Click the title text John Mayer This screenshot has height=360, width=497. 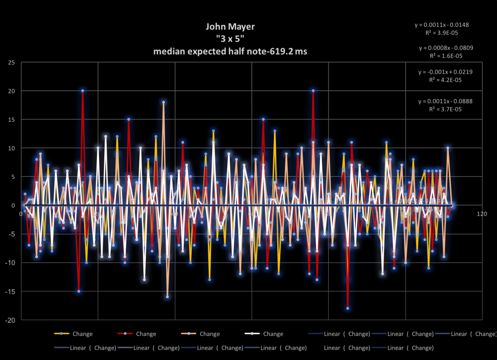coord(230,27)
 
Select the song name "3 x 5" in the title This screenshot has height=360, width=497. coord(230,39)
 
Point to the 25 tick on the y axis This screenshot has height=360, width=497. coord(12,63)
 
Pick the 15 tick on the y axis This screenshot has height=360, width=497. coord(12,120)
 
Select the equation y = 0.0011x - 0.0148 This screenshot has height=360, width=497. coord(442,25)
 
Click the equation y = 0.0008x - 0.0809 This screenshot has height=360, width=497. coord(446,48)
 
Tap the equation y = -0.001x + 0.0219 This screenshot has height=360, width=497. coord(445,72)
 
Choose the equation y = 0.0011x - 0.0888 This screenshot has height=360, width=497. coord(445,101)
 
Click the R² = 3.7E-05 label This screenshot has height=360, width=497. coord(445,109)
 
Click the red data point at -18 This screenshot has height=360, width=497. coord(347,308)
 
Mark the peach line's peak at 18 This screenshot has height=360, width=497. coord(164,102)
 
